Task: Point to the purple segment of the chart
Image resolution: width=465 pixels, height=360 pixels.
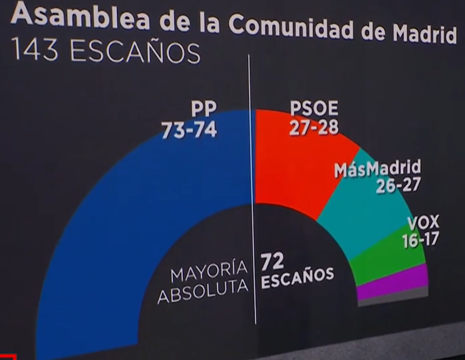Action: tap(395, 282)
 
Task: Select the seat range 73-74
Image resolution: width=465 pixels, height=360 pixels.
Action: tap(189, 130)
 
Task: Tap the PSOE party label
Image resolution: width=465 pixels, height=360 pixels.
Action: tap(313, 109)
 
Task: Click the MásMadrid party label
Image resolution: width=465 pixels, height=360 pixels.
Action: tap(377, 169)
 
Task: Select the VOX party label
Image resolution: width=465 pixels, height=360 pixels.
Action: tap(423, 222)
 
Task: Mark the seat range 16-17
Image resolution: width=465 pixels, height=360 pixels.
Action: tap(420, 239)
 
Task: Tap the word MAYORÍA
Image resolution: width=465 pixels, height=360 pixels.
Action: tap(209, 271)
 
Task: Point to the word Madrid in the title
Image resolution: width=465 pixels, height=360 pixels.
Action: tap(424, 34)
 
